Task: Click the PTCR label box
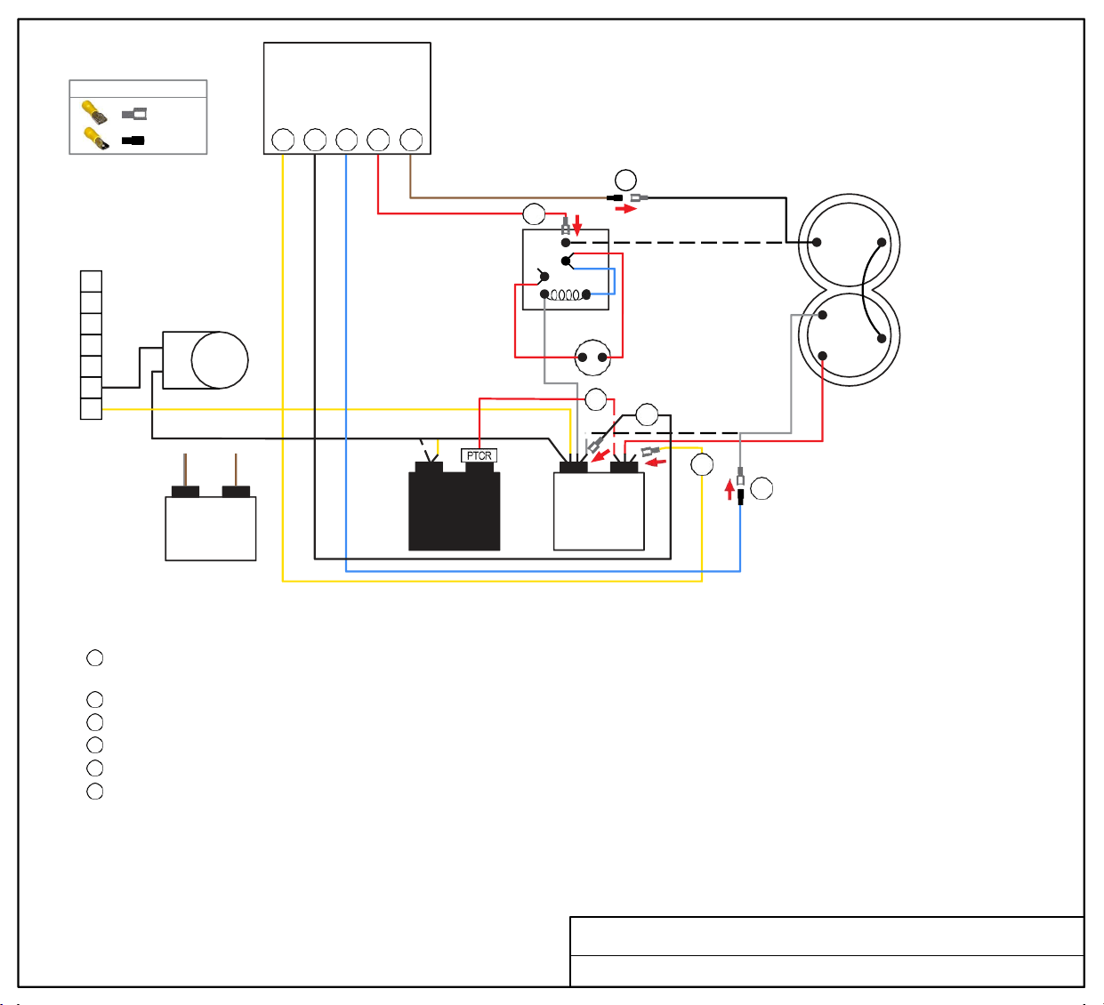click(x=479, y=455)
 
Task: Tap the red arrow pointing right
click(x=625, y=209)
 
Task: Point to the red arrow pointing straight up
click(x=729, y=489)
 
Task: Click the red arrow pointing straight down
click(x=577, y=225)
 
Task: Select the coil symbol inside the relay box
click(x=565, y=295)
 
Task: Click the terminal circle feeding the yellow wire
click(x=283, y=140)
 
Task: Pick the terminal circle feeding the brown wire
click(x=411, y=140)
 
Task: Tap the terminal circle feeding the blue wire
click(x=346, y=140)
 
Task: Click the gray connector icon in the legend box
click(x=134, y=114)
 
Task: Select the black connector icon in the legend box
click(x=133, y=141)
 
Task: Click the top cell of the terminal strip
click(x=92, y=281)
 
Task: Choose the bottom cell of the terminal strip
click(x=92, y=409)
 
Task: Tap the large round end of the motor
click(x=220, y=360)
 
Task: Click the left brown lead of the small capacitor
click(x=185, y=470)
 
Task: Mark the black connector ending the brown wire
click(x=614, y=197)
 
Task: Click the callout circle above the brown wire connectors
click(x=625, y=180)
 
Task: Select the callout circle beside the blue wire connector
click(x=762, y=489)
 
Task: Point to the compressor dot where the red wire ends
click(x=822, y=356)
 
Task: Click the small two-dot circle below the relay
click(x=592, y=358)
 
